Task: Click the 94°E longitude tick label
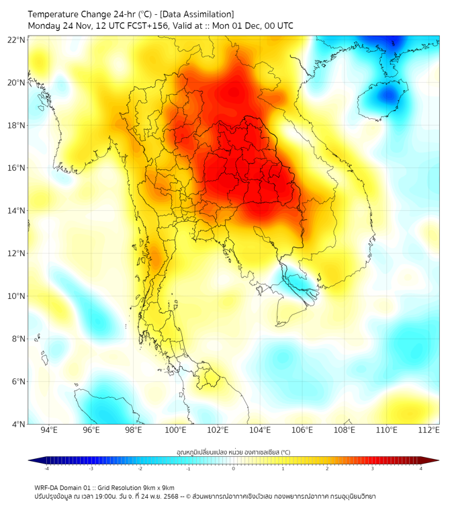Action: (x=49, y=430)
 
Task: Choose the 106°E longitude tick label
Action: (x=302, y=430)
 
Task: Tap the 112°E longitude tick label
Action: (x=429, y=430)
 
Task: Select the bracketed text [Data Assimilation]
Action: (x=195, y=14)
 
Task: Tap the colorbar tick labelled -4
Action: (x=46, y=468)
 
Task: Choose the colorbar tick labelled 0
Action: (x=234, y=468)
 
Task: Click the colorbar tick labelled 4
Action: (x=421, y=468)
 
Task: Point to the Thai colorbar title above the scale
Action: (x=233, y=452)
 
